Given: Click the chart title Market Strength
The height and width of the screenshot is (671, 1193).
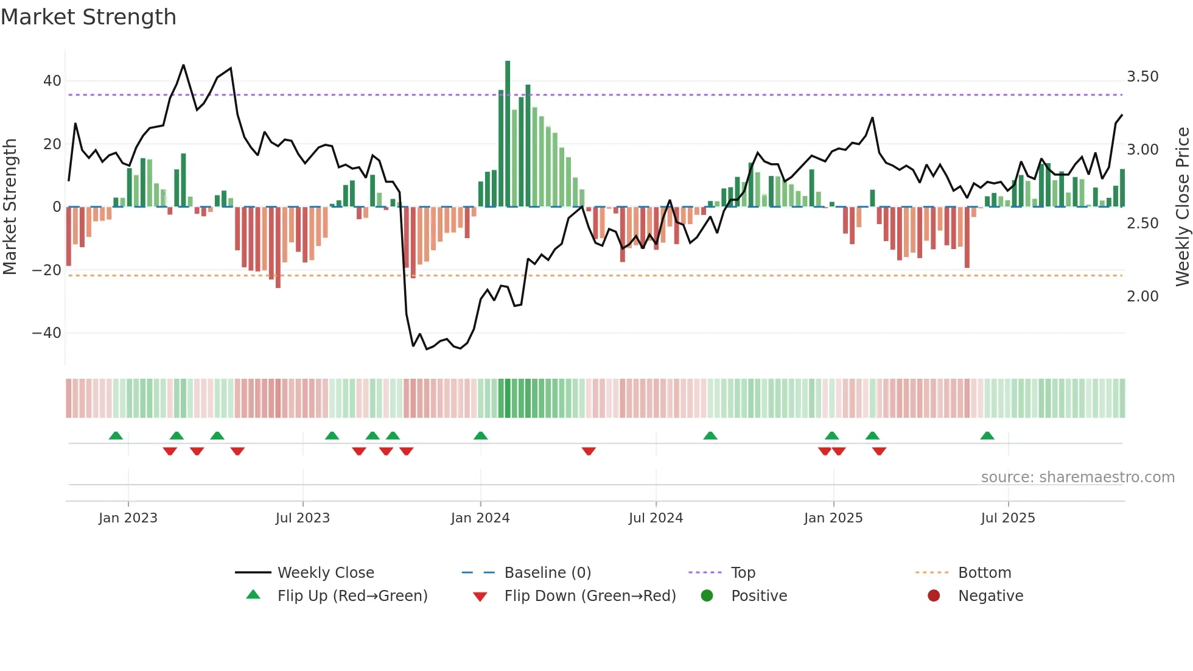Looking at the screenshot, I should click(x=88, y=17).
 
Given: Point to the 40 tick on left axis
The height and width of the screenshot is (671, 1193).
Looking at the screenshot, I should click(x=52, y=81).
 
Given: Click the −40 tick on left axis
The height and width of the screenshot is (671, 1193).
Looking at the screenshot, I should click(x=47, y=333).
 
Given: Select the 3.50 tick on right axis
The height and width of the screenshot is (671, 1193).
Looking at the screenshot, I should click(x=1142, y=77).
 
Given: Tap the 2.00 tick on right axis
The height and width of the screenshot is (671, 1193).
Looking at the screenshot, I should click(x=1142, y=297).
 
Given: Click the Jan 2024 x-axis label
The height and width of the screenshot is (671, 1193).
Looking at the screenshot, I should click(x=480, y=518).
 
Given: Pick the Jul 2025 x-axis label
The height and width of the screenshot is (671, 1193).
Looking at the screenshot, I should click(x=1008, y=518).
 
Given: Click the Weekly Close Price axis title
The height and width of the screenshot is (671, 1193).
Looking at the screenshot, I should click(x=1182, y=207).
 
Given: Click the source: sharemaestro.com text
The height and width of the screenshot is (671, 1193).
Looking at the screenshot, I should click(x=1077, y=477).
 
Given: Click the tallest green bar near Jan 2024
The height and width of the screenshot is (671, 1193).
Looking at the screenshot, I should click(x=508, y=134).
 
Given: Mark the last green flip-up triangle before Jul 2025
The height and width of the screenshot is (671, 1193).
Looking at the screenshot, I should click(x=987, y=435).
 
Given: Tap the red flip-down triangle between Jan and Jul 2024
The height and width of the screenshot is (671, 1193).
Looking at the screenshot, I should click(x=589, y=451).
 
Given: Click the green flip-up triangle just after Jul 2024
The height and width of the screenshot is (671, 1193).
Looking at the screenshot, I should click(x=710, y=435).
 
